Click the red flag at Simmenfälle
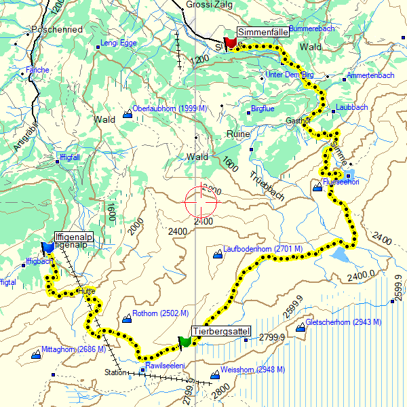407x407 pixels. (x=231, y=42)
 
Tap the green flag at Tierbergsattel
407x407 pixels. (x=185, y=341)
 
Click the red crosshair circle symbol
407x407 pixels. (x=201, y=201)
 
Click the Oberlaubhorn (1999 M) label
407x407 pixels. (x=170, y=109)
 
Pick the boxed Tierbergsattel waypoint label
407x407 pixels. (x=222, y=331)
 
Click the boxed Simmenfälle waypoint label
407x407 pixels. (x=263, y=32)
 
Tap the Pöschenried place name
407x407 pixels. (x=58, y=30)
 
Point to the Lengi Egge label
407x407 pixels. (x=119, y=43)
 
